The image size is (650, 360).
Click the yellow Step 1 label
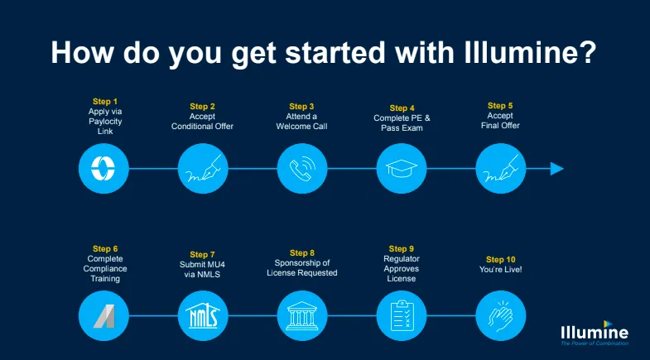[x=105, y=102]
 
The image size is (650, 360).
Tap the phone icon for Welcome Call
[x=302, y=169]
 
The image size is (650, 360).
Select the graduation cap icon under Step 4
[x=402, y=169]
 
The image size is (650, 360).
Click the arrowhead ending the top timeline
[x=557, y=169]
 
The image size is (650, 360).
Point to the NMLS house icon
[x=203, y=315]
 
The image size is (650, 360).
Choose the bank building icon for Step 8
[x=302, y=315]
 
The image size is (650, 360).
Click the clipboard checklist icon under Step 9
[x=402, y=315]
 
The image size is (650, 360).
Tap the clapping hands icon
[x=501, y=315]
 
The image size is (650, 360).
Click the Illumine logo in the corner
[x=595, y=333]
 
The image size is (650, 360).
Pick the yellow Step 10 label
[x=501, y=260]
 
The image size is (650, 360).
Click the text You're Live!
[x=501, y=270]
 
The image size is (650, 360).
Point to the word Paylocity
[x=105, y=122]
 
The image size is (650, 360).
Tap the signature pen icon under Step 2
[x=203, y=169]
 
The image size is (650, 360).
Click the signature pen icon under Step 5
[x=501, y=169]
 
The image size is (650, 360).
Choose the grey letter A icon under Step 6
[x=104, y=316]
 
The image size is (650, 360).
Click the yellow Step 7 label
[x=202, y=255]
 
